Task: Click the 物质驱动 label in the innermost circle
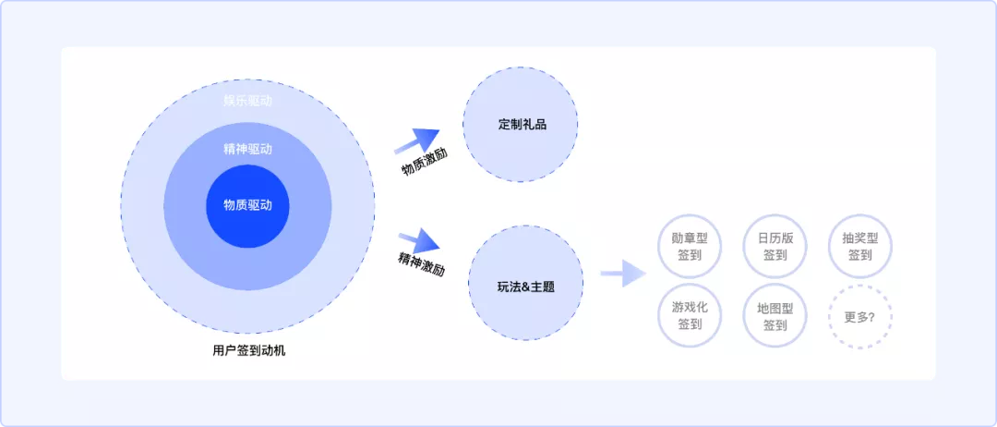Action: click(247, 205)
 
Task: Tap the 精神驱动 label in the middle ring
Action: click(247, 149)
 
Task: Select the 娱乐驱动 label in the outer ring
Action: click(247, 101)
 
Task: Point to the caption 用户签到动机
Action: click(249, 351)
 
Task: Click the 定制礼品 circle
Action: click(522, 124)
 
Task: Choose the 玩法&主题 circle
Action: click(526, 283)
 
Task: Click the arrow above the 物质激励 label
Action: click(417, 141)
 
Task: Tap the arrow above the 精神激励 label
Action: click(419, 241)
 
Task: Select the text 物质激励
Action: click(425, 162)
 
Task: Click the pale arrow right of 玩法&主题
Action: click(622, 274)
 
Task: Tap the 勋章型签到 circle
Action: click(690, 246)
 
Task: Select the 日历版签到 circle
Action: click(775, 246)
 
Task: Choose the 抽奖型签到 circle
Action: click(859, 246)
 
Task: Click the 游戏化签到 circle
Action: click(690, 316)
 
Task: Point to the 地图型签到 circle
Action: click(775, 316)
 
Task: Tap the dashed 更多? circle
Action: click(859, 316)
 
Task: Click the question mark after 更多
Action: click(872, 316)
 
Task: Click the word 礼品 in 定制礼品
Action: click(535, 124)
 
